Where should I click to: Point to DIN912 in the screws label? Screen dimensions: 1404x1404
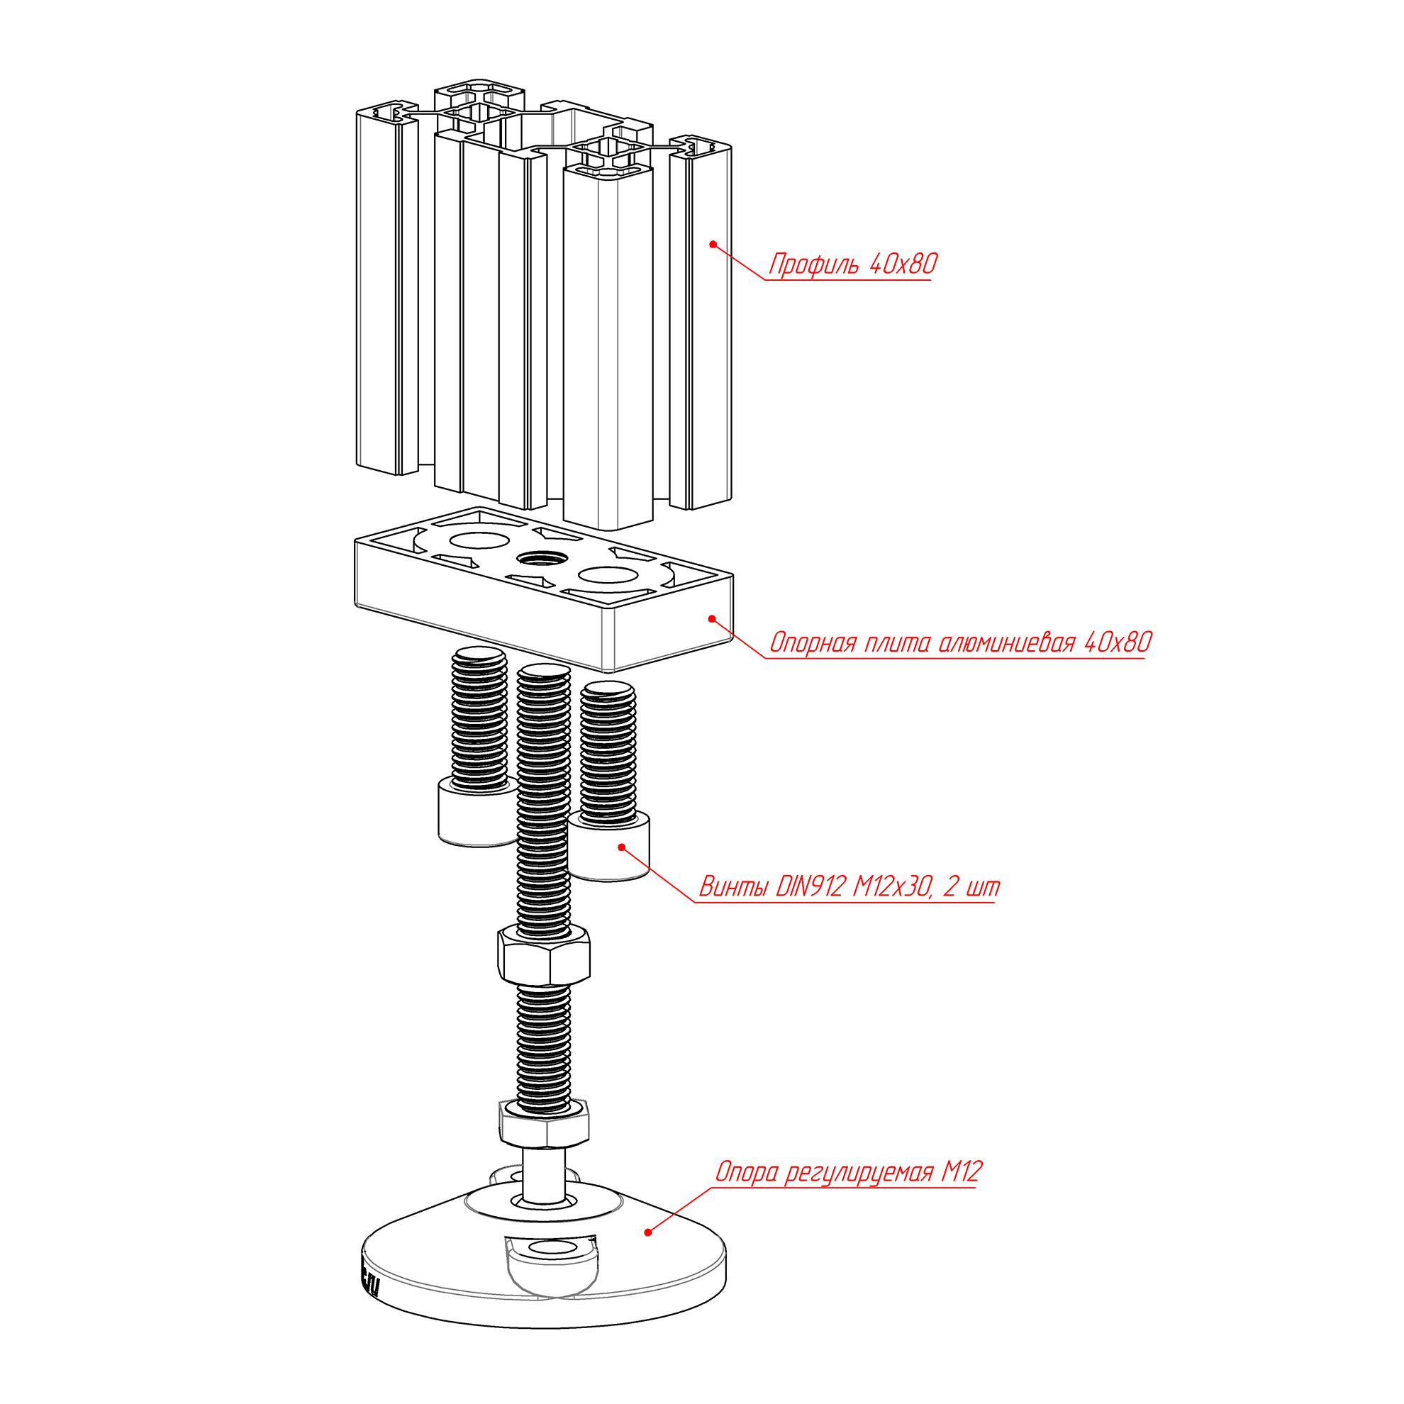tap(811, 886)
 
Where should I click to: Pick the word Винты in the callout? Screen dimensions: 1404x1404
tap(733, 887)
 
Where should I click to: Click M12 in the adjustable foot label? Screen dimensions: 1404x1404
tap(962, 1171)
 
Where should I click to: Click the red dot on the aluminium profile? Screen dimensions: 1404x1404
tap(713, 244)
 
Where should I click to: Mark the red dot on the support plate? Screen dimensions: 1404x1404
tap(712, 618)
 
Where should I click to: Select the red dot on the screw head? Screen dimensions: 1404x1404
tap(621, 847)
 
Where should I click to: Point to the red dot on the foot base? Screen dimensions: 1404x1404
tap(647, 1232)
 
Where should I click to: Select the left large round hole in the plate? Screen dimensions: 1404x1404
tap(479, 540)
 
